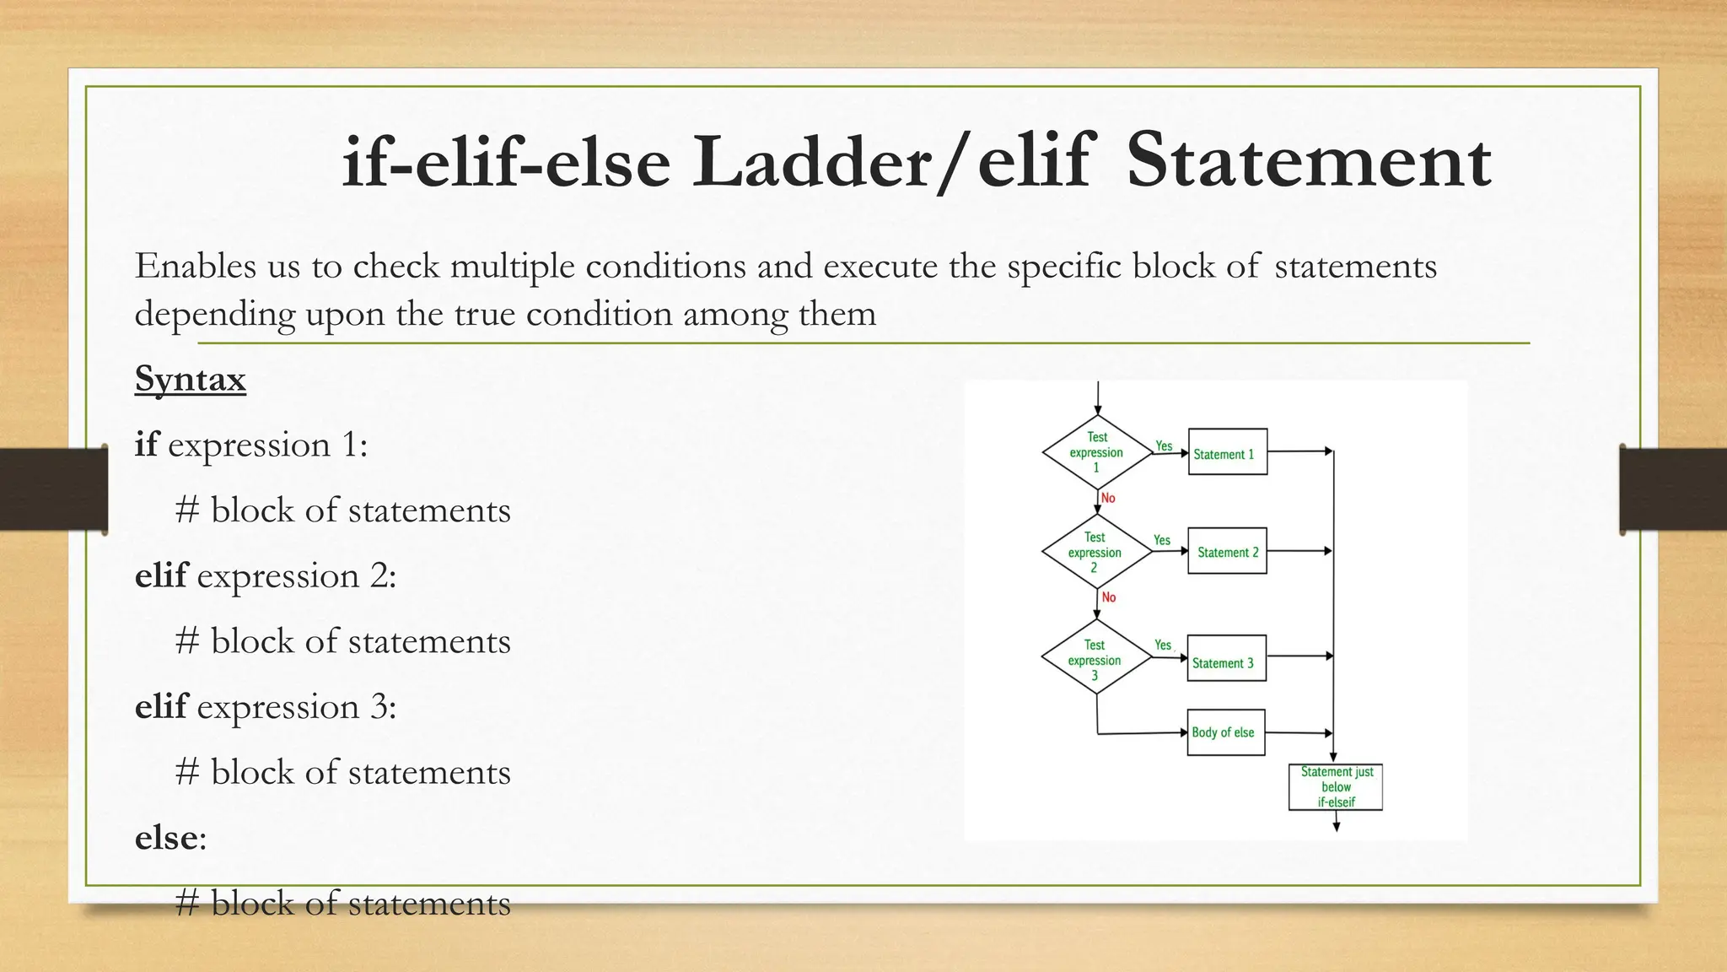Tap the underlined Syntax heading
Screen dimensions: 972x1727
[191, 379]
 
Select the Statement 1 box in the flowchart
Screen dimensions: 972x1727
[1227, 452]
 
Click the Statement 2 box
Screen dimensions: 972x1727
[1227, 551]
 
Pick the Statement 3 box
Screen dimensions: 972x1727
[1226, 658]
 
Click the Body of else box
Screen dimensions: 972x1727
[1225, 732]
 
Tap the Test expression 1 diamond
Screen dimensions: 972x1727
[1096, 452]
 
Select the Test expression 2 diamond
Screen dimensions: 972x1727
[1095, 552]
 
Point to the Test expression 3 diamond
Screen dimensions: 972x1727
[1095, 657]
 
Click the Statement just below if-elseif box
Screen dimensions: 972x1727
[1336, 786]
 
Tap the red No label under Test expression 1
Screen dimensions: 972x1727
[1108, 499]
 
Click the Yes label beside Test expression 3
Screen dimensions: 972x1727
[1163, 645]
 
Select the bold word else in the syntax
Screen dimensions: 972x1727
[165, 838]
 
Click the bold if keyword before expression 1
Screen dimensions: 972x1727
[146, 445]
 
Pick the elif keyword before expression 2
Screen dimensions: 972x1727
[161, 575]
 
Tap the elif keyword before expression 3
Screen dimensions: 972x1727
[161, 706]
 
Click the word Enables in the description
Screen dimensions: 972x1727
[195, 267]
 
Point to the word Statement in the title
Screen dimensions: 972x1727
[1308, 162]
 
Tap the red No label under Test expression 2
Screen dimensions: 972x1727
[1109, 597]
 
